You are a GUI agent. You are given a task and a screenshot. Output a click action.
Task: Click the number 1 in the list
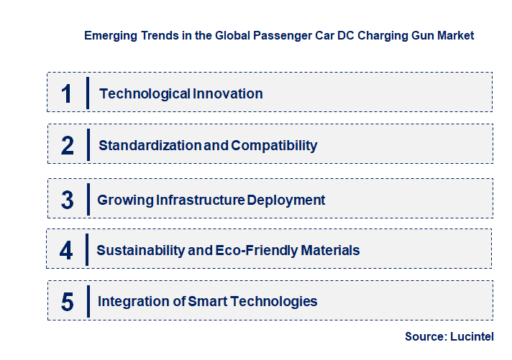[x=67, y=93]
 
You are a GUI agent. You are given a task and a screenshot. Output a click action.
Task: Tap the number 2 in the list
[x=68, y=146]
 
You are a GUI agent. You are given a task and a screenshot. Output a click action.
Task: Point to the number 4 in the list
[x=67, y=251]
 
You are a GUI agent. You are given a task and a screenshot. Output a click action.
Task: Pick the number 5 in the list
[x=68, y=302]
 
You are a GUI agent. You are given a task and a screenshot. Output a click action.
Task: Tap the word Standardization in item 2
[x=150, y=146]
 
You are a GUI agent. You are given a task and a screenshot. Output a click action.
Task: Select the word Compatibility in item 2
[x=274, y=146]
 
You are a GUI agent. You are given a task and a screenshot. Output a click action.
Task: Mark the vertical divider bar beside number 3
[x=88, y=198]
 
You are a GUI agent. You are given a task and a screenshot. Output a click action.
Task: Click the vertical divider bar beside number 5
[x=88, y=300]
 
